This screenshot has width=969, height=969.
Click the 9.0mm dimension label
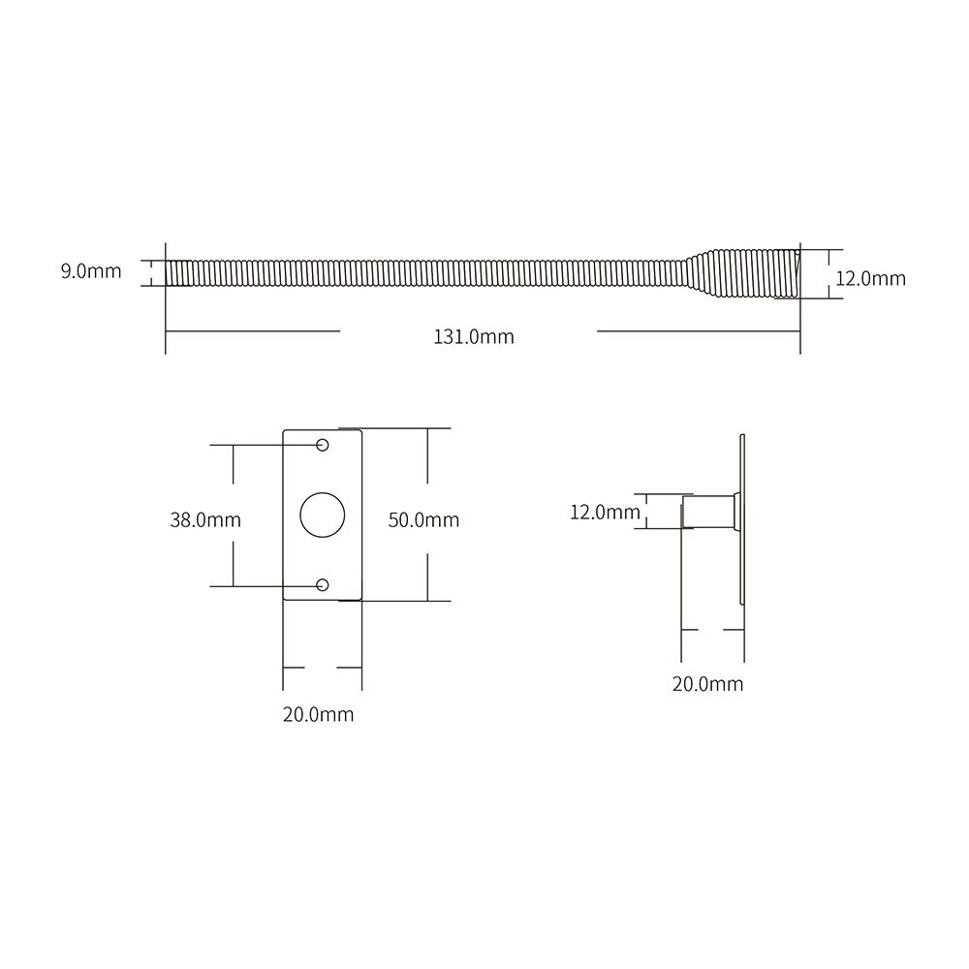(91, 271)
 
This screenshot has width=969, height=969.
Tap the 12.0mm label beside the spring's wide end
(870, 279)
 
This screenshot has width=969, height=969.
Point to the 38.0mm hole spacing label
(205, 520)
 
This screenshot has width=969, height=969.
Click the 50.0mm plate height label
(423, 520)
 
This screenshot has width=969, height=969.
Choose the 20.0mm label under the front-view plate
(318, 715)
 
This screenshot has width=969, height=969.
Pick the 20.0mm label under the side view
(707, 684)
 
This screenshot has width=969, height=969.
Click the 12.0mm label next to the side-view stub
(605, 512)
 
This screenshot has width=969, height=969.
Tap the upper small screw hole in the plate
(324, 445)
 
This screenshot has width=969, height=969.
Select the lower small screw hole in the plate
(324, 584)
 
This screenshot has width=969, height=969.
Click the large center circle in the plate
(321, 515)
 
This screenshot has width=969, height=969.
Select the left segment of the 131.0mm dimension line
(252, 331)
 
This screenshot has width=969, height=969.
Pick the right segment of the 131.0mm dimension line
(698, 331)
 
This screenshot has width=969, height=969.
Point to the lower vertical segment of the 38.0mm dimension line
(234, 563)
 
